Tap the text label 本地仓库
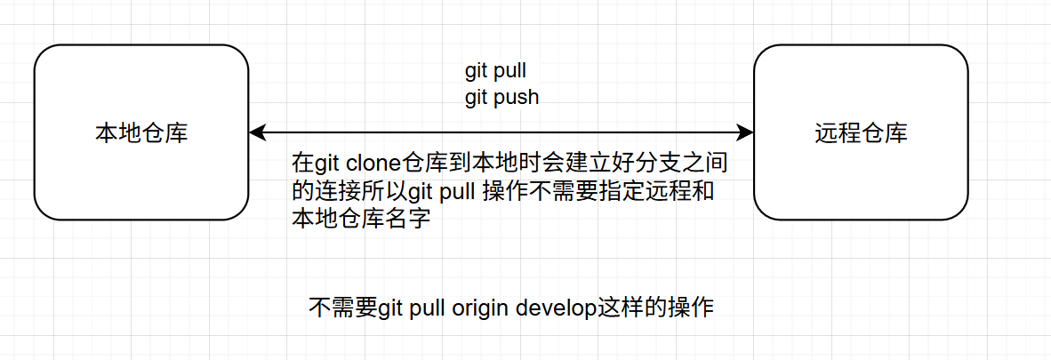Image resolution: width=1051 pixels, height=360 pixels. [x=141, y=133]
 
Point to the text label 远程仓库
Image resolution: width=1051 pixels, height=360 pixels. [x=861, y=133]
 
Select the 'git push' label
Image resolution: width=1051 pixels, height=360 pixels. [x=501, y=97]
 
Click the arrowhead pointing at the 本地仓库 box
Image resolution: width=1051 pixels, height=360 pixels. [x=257, y=133]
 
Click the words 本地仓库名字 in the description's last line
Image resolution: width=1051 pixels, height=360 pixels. [x=361, y=218]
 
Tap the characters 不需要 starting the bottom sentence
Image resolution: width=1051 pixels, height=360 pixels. [x=342, y=308]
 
